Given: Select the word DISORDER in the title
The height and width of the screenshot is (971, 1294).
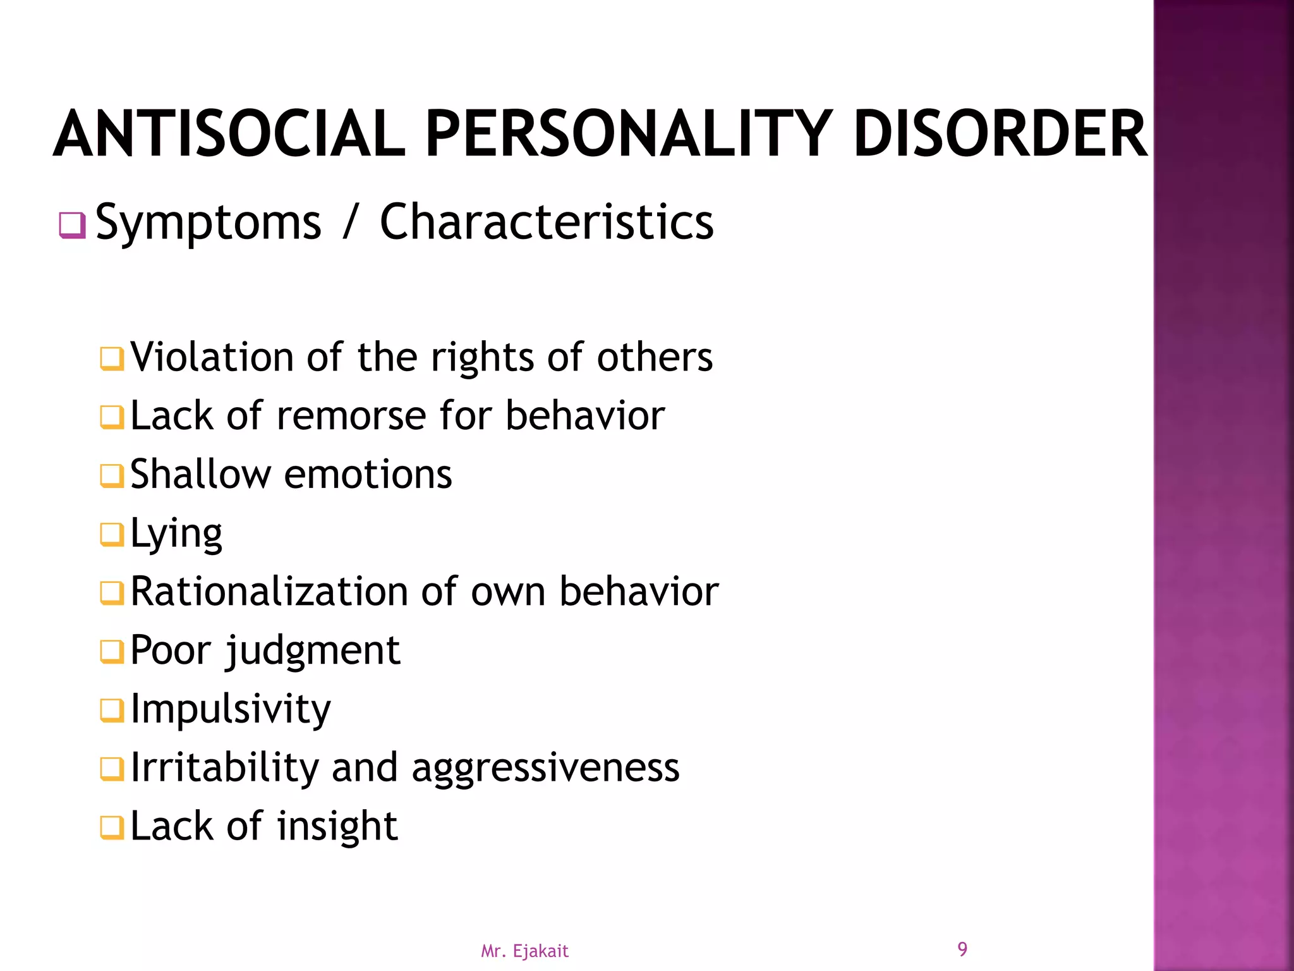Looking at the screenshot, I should click(x=1000, y=133).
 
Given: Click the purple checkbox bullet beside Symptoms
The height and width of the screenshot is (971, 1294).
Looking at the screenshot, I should click(x=73, y=226).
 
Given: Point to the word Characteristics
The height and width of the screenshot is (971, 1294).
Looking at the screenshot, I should click(x=547, y=222).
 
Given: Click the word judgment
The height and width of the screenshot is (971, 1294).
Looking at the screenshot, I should click(x=313, y=651).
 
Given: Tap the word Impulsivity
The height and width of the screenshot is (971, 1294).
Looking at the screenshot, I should click(x=231, y=709).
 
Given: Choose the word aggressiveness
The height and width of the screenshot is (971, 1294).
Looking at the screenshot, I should click(x=545, y=769).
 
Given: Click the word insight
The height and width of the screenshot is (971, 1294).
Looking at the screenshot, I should click(x=337, y=827).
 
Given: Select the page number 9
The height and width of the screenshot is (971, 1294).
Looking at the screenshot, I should click(x=962, y=949).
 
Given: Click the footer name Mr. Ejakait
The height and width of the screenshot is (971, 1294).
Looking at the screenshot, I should click(x=524, y=951).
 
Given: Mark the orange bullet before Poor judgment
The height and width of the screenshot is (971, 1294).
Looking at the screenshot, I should click(x=112, y=652).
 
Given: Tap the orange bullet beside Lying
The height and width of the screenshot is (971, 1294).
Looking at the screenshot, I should click(x=112, y=535).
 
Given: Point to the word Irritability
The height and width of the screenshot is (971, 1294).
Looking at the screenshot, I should click(x=225, y=767).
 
